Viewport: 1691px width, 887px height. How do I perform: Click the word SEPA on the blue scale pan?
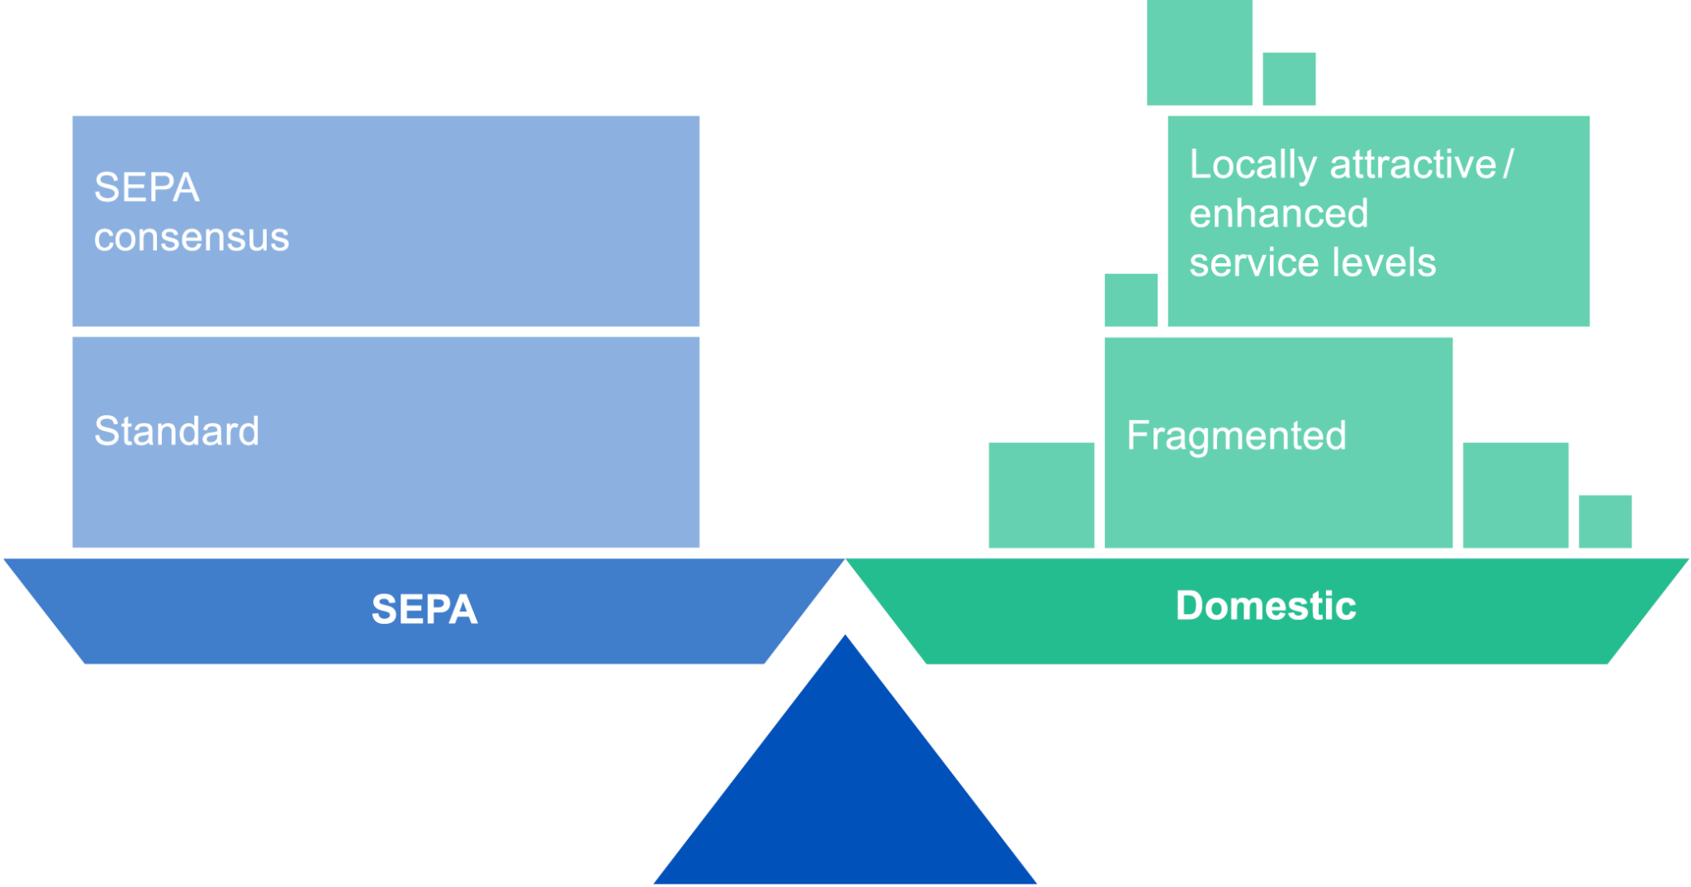pyautogui.click(x=424, y=610)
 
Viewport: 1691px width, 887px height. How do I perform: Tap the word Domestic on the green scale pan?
pyautogui.click(x=1266, y=606)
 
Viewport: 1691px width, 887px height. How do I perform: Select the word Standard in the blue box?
pyautogui.click(x=177, y=432)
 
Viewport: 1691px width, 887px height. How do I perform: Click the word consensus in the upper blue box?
pyautogui.click(x=192, y=238)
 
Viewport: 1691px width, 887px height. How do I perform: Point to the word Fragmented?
pyautogui.click(x=1236, y=436)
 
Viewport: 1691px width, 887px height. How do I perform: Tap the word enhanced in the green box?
pyautogui.click(x=1278, y=214)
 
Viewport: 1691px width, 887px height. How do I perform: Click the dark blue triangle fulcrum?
pyautogui.click(x=845, y=792)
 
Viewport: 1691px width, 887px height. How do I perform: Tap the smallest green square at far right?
pyautogui.click(x=1604, y=521)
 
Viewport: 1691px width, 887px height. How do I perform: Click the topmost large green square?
pyautogui.click(x=1199, y=52)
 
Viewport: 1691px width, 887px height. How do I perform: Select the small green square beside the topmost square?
pyautogui.click(x=1289, y=79)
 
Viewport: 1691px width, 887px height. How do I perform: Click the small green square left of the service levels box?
pyautogui.click(x=1130, y=300)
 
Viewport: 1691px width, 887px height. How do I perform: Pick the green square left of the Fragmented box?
pyautogui.click(x=1041, y=495)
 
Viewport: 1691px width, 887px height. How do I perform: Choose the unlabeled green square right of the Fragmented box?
pyautogui.click(x=1515, y=495)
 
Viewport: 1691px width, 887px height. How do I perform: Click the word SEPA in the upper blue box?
pyautogui.click(x=147, y=187)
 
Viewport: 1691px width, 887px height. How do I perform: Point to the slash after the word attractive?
pyautogui.click(x=1509, y=164)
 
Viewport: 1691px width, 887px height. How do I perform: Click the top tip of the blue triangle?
pyautogui.click(x=845, y=639)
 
